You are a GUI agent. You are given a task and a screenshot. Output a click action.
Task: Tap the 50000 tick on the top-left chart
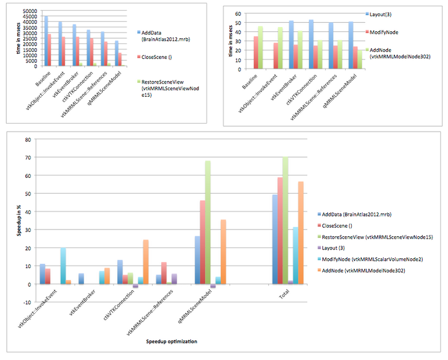tap(29, 11)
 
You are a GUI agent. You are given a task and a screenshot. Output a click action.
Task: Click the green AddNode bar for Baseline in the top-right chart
tap(261, 47)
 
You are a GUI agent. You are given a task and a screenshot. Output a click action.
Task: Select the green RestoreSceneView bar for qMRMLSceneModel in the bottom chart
tap(208, 222)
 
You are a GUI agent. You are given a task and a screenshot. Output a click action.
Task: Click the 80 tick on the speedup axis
tap(27, 139)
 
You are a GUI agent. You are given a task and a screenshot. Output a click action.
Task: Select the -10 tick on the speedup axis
tap(26, 302)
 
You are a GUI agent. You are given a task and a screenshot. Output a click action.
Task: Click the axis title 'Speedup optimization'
tap(172, 341)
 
